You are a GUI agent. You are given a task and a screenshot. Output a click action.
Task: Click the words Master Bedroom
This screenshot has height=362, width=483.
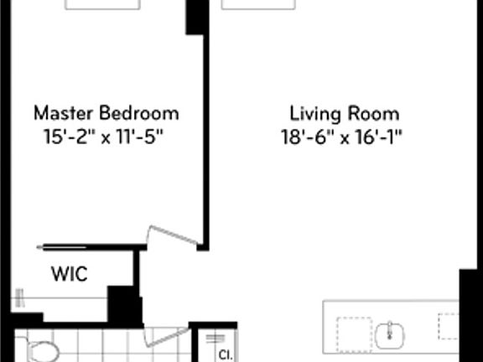[106, 112]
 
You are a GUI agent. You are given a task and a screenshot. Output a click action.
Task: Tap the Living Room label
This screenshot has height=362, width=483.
[345, 112]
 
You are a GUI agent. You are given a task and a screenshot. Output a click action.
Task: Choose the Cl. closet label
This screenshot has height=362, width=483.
[225, 354]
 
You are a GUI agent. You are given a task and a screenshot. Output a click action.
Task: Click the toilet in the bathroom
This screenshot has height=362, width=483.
[41, 350]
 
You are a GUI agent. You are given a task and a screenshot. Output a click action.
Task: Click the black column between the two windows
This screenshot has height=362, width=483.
[195, 17]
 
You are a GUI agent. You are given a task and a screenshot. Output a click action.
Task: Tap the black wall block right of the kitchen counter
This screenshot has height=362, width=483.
[471, 315]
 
